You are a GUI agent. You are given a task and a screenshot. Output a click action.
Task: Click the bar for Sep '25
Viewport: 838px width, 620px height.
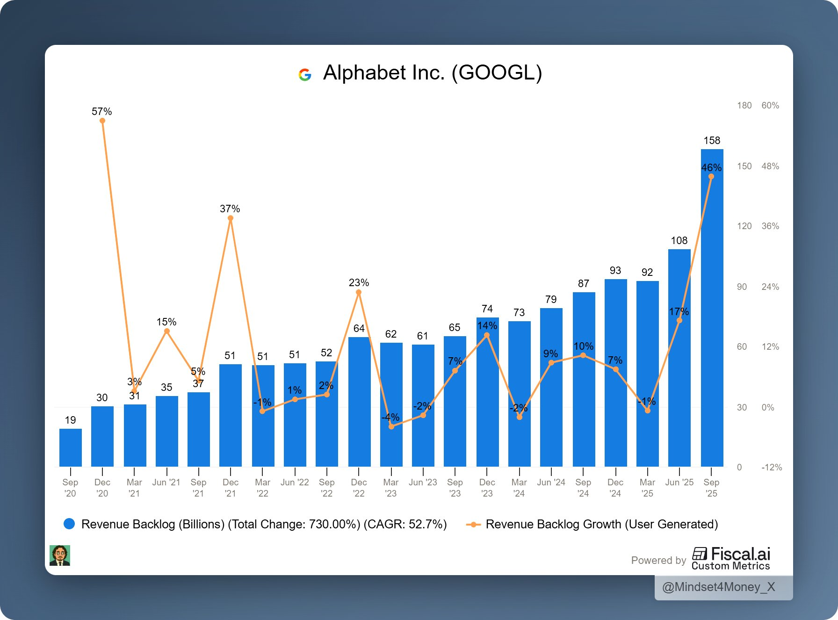click(712, 309)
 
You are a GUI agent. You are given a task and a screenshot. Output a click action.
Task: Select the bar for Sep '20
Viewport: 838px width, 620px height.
click(71, 447)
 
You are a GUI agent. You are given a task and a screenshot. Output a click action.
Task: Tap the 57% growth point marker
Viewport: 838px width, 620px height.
click(102, 121)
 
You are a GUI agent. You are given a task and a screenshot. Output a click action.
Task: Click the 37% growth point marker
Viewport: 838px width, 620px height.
click(230, 218)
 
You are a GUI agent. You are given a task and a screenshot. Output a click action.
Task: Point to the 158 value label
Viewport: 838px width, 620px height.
click(712, 140)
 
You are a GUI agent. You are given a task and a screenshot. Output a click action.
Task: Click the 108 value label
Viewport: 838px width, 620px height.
click(679, 240)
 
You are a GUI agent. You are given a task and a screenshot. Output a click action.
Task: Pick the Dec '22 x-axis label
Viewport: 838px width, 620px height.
click(359, 488)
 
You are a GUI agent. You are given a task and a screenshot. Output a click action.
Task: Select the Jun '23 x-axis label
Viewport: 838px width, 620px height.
click(423, 482)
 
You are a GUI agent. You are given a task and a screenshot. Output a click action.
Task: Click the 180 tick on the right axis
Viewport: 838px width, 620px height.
click(744, 106)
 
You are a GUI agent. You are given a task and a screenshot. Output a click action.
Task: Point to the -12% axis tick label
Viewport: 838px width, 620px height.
click(772, 467)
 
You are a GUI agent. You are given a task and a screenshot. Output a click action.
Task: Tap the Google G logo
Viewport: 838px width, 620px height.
click(305, 74)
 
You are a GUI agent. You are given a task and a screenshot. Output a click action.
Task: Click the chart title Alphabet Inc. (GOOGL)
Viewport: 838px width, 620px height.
click(432, 73)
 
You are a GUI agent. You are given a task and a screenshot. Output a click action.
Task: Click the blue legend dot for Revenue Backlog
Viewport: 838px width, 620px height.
click(69, 524)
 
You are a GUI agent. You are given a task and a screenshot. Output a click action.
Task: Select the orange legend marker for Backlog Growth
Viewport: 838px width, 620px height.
click(473, 524)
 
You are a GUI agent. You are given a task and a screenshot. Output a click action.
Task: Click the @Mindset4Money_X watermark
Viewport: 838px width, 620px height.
click(718, 587)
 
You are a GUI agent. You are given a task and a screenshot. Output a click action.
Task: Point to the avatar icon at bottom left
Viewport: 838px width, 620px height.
click(60, 555)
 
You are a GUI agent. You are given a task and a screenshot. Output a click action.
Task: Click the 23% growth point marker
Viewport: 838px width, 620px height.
click(359, 292)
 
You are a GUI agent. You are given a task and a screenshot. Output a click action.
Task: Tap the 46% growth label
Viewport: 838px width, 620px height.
click(711, 167)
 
